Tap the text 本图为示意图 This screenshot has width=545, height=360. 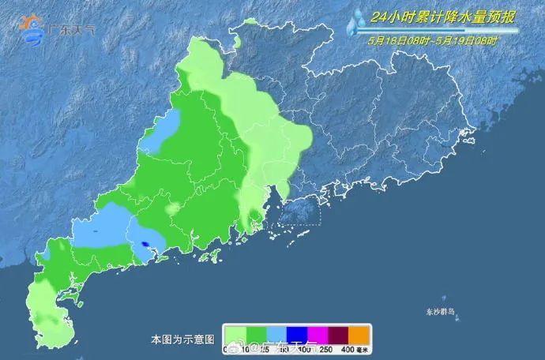pos(182,339)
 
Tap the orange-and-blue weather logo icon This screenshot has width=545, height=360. pos(34,29)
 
